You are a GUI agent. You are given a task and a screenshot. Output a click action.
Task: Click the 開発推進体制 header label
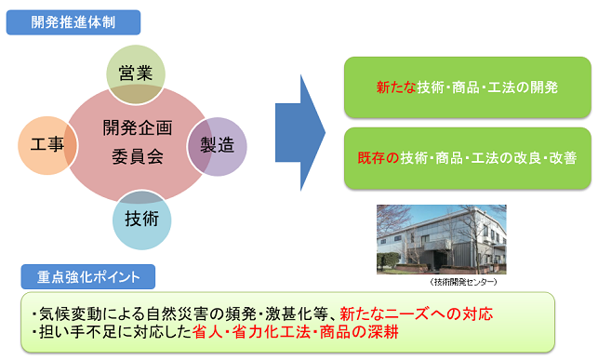click(73, 22)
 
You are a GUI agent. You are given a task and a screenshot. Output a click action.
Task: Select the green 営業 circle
click(136, 74)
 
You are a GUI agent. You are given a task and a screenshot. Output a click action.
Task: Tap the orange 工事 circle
click(47, 145)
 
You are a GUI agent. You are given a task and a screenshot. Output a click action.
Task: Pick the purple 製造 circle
click(217, 146)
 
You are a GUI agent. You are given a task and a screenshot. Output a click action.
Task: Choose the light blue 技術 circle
click(142, 220)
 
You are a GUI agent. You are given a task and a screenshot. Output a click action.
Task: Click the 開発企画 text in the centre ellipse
click(138, 127)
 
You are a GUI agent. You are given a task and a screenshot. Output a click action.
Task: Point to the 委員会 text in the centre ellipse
click(138, 156)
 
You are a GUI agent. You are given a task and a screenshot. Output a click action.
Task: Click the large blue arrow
click(300, 133)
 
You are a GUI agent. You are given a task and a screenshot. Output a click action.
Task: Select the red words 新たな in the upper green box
click(396, 87)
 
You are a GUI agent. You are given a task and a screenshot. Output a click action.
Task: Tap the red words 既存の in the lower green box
click(378, 158)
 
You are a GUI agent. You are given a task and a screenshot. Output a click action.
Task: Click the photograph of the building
click(442, 239)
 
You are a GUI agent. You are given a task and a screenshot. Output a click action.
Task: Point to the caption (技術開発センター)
click(463, 282)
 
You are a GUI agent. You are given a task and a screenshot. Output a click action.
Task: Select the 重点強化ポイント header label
click(88, 277)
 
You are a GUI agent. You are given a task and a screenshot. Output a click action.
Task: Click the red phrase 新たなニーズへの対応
click(416, 313)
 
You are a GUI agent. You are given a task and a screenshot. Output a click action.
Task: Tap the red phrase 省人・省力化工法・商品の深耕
click(296, 332)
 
